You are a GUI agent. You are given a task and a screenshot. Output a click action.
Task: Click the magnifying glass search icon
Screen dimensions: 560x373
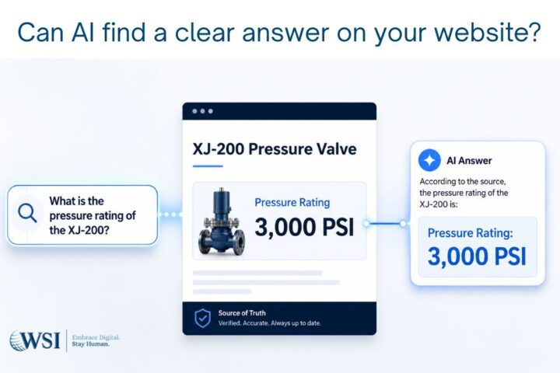[27, 213]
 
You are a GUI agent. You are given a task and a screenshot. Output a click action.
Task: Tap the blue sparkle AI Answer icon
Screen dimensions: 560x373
[429, 160]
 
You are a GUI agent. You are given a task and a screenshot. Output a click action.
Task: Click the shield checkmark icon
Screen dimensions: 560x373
[202, 318]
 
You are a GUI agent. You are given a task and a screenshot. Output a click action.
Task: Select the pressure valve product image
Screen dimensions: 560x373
[222, 221]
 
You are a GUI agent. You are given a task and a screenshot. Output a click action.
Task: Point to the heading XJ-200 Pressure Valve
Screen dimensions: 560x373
[275, 149]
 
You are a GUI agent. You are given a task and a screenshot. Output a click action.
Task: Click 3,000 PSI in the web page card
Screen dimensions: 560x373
[304, 227]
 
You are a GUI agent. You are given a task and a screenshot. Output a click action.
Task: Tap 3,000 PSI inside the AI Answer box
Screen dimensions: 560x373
[477, 256]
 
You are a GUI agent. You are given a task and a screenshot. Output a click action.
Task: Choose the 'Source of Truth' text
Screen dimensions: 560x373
[242, 313]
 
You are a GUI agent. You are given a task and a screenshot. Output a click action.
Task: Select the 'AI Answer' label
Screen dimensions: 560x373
[469, 161]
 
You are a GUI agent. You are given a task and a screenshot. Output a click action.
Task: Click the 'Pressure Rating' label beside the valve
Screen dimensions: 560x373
[292, 202]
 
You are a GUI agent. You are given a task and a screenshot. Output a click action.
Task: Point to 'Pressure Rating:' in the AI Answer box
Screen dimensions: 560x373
[470, 233]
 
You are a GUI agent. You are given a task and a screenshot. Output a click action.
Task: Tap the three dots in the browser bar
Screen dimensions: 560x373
[202, 111]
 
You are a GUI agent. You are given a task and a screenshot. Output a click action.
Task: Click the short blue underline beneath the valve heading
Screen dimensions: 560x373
[208, 166]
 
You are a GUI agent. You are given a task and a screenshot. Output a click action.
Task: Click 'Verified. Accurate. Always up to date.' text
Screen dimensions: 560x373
[270, 323]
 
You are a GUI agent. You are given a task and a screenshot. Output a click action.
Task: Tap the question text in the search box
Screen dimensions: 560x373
[93, 215]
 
